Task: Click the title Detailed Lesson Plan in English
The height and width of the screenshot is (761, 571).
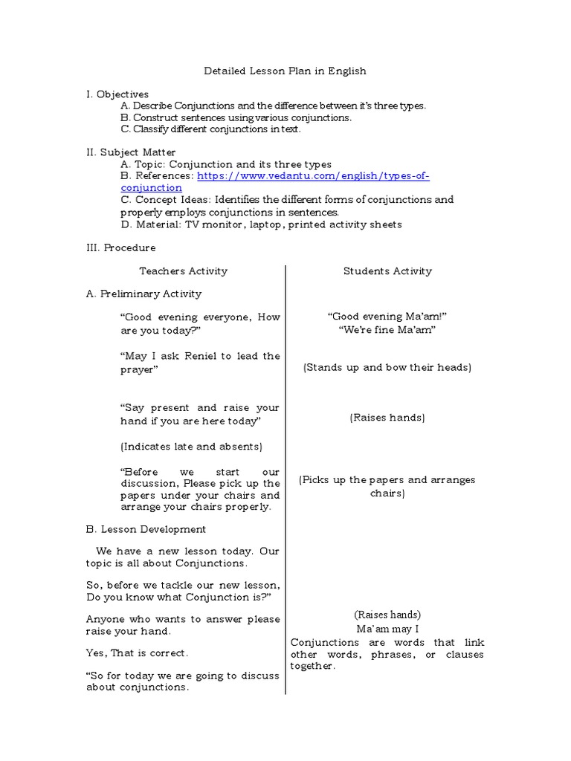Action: click(285, 71)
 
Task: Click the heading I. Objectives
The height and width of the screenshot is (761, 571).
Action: click(117, 94)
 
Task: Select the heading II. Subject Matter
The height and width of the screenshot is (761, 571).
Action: click(131, 152)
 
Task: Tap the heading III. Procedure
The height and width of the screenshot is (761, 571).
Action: click(121, 247)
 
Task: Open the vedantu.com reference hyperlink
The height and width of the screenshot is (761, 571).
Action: click(313, 176)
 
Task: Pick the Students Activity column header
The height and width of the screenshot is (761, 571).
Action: click(387, 271)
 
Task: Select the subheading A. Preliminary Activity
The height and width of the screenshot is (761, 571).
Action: click(143, 294)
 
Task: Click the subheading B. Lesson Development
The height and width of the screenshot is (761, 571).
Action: click(146, 529)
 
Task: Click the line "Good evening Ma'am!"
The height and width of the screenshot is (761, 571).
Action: click(387, 317)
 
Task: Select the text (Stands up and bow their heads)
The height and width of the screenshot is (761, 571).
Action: click(387, 368)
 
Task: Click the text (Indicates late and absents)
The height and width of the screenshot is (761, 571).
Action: click(191, 447)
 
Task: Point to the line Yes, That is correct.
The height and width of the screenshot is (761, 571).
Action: click(138, 653)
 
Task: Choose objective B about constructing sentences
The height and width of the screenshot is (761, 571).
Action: click(236, 117)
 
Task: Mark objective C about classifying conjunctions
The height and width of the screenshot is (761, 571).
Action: click(210, 129)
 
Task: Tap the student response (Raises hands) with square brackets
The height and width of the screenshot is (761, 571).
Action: click(387, 418)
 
